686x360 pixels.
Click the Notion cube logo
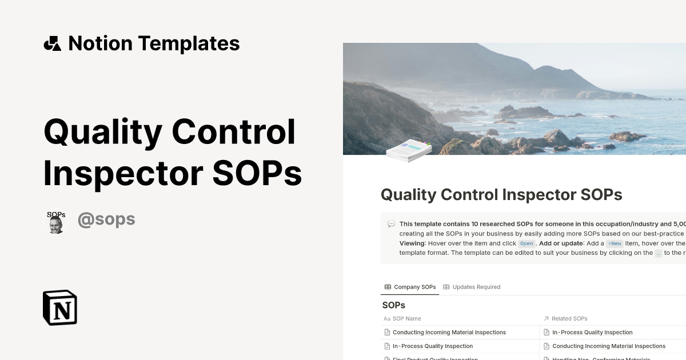tap(60, 307)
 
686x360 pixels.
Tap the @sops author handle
tap(106, 219)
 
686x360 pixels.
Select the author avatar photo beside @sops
tap(56, 222)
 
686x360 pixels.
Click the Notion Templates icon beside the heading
tap(53, 43)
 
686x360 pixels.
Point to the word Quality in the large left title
tap(103, 131)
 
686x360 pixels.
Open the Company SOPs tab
tap(410, 287)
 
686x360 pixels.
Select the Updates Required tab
tap(472, 287)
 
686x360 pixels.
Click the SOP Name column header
tap(406, 318)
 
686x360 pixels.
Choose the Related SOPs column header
tap(569, 318)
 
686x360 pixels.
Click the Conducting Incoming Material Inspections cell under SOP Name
tap(449, 332)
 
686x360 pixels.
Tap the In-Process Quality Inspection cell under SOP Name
tap(432, 346)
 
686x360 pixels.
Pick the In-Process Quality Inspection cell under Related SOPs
tap(592, 332)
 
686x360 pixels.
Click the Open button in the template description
tap(527, 243)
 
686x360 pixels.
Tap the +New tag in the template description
tap(615, 243)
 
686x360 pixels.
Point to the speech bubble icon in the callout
tap(391, 224)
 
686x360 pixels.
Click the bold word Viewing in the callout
tap(412, 243)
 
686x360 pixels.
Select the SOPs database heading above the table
tap(394, 305)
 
